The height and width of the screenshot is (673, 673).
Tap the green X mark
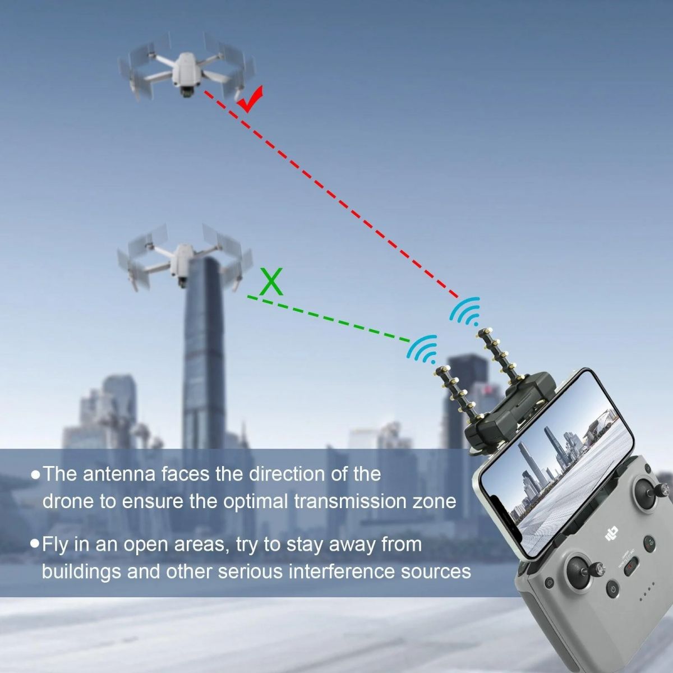tap(271, 282)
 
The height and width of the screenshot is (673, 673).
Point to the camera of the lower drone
tap(182, 282)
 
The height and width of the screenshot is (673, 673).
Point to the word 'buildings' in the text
tap(81, 571)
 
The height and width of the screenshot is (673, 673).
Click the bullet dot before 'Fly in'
tap(35, 544)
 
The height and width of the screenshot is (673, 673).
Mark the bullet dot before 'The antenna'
tap(35, 475)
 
